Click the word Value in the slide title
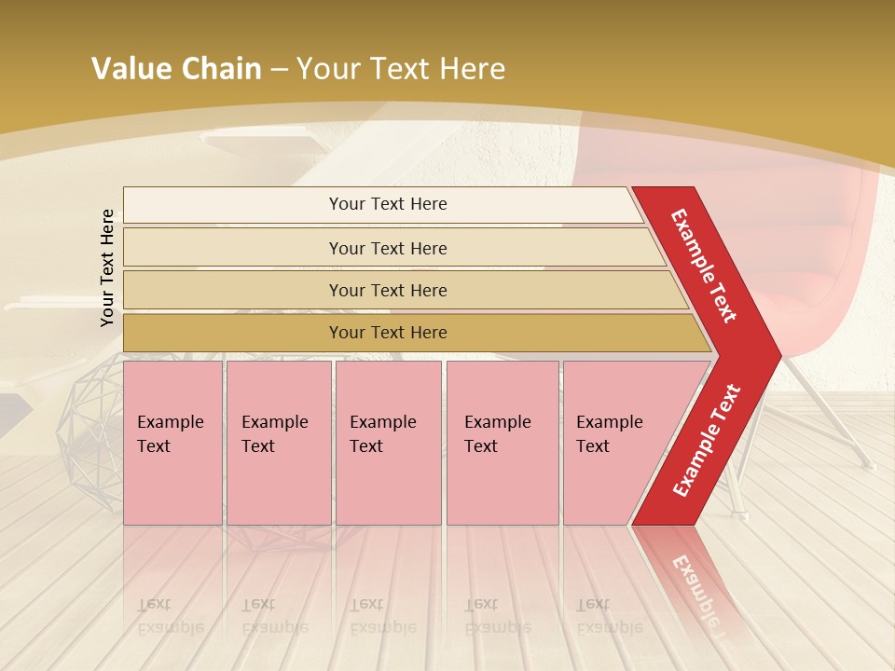click(129, 68)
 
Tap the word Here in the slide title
click(472, 68)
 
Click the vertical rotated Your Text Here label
click(107, 267)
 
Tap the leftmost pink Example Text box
click(172, 442)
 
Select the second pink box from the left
click(278, 442)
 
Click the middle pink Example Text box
click(388, 442)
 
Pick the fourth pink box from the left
click(502, 442)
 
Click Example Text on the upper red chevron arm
click(704, 266)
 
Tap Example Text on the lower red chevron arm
click(706, 440)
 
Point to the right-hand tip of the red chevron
click(779, 355)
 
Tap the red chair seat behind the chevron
click(820, 280)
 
